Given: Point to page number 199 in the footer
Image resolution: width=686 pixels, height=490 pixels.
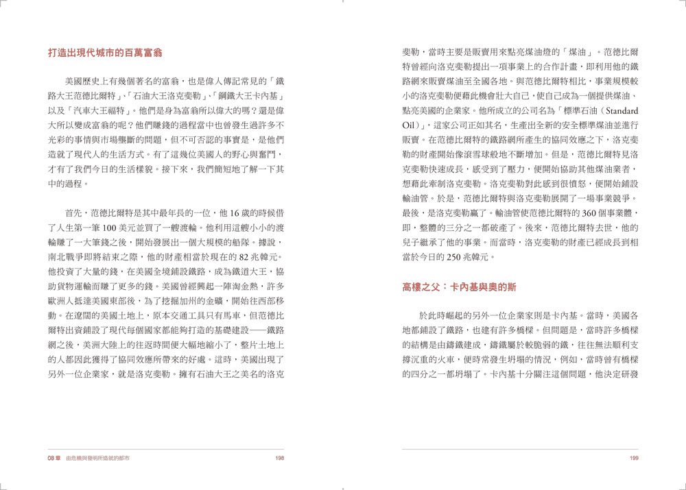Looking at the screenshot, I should click(634, 458).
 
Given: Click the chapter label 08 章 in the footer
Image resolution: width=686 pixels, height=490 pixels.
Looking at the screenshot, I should click(55, 458).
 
